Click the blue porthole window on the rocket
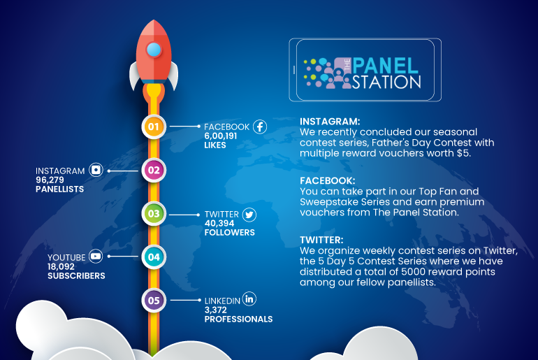pos(154,50)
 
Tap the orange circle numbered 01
pos(154,127)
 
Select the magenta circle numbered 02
pos(154,171)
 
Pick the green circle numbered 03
pos(154,213)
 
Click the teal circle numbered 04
pos(154,257)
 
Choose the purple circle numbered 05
pos(154,301)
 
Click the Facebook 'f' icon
pos(260,127)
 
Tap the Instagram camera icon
pos(96,170)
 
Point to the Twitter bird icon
pos(249,215)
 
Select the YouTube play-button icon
pos(96,256)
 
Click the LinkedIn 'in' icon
pos(249,298)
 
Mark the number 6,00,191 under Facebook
pos(221,136)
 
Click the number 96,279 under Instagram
pos(50,180)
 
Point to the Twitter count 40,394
pos(219,224)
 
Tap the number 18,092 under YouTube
pos(61,266)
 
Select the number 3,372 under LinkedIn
pos(215,310)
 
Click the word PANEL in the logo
pos(386,66)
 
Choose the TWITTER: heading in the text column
pos(321,240)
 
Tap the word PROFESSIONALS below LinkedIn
pos(238,319)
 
